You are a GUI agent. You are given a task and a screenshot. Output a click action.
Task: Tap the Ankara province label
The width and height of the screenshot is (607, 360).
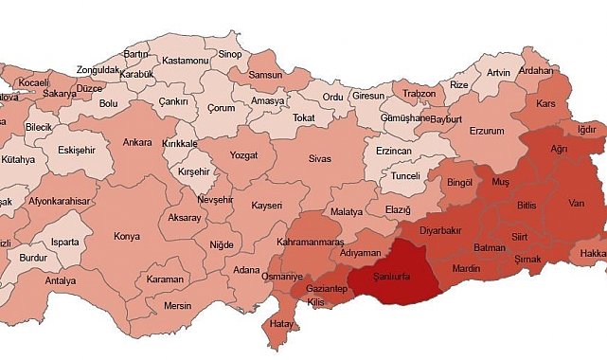click(137, 144)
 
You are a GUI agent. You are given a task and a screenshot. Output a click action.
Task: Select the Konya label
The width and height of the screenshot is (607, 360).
click(127, 237)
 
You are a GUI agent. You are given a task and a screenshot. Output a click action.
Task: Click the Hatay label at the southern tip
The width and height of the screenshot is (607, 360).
click(280, 324)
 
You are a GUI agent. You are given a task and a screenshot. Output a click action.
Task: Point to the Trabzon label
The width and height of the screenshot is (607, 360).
click(418, 94)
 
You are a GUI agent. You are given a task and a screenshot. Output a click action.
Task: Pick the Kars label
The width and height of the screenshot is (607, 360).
click(546, 103)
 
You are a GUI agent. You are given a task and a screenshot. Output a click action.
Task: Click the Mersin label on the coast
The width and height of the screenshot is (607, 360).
click(177, 306)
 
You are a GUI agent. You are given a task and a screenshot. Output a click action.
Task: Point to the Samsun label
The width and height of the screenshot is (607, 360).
click(269, 75)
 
